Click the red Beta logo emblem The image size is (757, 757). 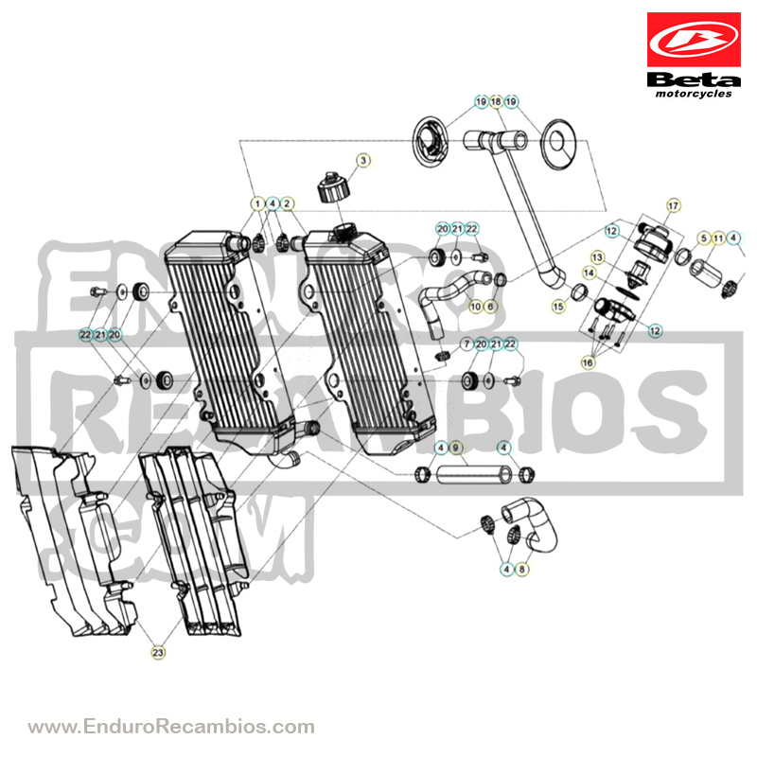(x=694, y=40)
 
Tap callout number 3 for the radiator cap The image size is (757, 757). (x=363, y=160)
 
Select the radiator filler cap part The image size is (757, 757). (x=333, y=187)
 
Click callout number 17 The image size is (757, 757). (x=673, y=205)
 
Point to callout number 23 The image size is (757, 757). (x=158, y=653)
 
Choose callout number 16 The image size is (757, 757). (x=588, y=362)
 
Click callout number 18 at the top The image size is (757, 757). (x=496, y=102)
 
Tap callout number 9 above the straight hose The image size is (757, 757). (x=455, y=448)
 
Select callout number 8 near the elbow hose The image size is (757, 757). (x=521, y=570)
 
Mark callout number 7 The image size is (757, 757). (x=467, y=344)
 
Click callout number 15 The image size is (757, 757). (x=558, y=307)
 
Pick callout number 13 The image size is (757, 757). (x=598, y=257)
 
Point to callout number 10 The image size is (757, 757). (x=476, y=307)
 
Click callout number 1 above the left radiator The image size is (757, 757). (x=257, y=203)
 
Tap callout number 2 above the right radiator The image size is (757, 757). (x=287, y=203)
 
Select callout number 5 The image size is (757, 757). (x=704, y=238)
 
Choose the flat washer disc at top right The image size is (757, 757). (x=558, y=144)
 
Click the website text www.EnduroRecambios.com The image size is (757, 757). (x=171, y=726)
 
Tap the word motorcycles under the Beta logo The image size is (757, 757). (x=694, y=94)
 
